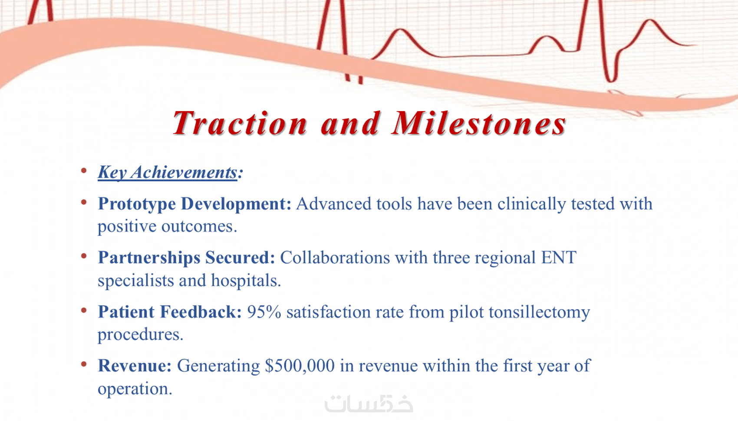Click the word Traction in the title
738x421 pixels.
pos(240,123)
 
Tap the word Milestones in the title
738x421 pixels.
pos(479,123)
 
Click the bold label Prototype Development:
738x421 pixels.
pos(194,204)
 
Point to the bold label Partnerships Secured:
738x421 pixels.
pos(186,257)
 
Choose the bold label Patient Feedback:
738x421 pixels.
pos(170,312)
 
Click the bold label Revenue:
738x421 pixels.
pos(135,365)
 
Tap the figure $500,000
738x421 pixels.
pos(300,365)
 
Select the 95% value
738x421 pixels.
pos(264,312)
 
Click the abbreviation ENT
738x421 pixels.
pos(559,257)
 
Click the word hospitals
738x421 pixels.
pos(246,281)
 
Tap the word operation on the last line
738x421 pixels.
pos(135,389)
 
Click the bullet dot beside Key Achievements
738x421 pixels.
pos(84,170)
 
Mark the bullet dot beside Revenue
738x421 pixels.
pos(84,364)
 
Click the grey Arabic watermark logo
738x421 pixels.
pos(369,403)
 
